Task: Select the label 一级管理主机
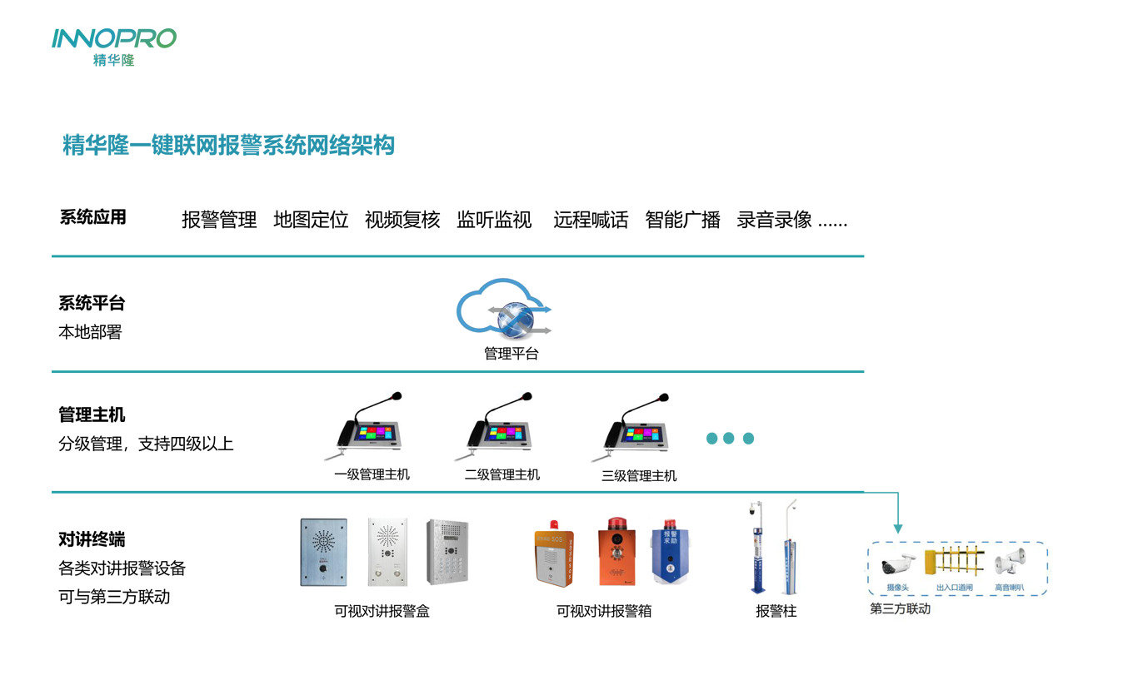[x=372, y=475]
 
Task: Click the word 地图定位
[x=311, y=221]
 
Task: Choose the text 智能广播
[x=682, y=221]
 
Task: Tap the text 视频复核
[x=402, y=221]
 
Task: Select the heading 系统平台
[x=92, y=303]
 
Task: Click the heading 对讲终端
[x=92, y=539]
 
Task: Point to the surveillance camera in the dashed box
[x=899, y=564]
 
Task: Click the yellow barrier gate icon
[x=959, y=561]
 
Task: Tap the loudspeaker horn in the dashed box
[x=1009, y=563]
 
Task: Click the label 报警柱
[x=776, y=612]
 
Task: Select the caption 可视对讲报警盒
[x=382, y=612]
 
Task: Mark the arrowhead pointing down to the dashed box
[x=897, y=528]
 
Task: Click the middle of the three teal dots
[x=730, y=439]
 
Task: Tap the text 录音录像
[x=774, y=221]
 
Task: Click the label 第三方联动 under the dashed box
[x=900, y=609]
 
